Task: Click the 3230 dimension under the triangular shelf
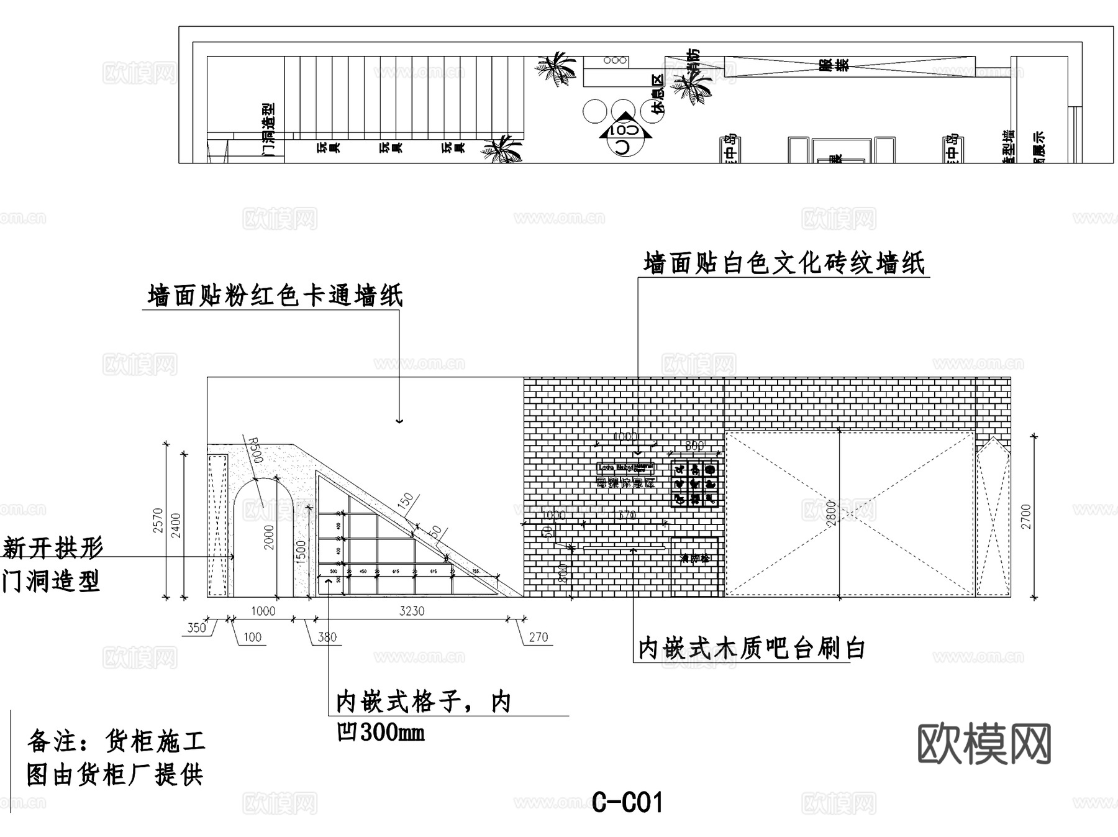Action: [411, 611]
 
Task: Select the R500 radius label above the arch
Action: [255, 449]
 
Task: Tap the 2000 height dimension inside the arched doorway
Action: [268, 537]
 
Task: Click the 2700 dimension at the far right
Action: [1025, 516]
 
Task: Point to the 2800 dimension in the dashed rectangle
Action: [831, 514]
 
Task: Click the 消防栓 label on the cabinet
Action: [695, 558]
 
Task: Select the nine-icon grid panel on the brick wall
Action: [695, 483]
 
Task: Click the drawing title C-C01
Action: [627, 802]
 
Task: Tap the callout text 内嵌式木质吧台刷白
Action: [752, 649]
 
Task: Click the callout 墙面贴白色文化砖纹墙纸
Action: [784, 263]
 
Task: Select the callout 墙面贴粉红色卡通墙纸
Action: [275, 295]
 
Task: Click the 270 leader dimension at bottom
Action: [538, 637]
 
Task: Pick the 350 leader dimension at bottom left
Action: [196, 628]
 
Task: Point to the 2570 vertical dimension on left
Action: [157, 521]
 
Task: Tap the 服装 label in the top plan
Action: [825, 66]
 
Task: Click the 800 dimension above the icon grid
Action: [694, 446]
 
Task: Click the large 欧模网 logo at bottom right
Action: [984, 744]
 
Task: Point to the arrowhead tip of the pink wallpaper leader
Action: [399, 423]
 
